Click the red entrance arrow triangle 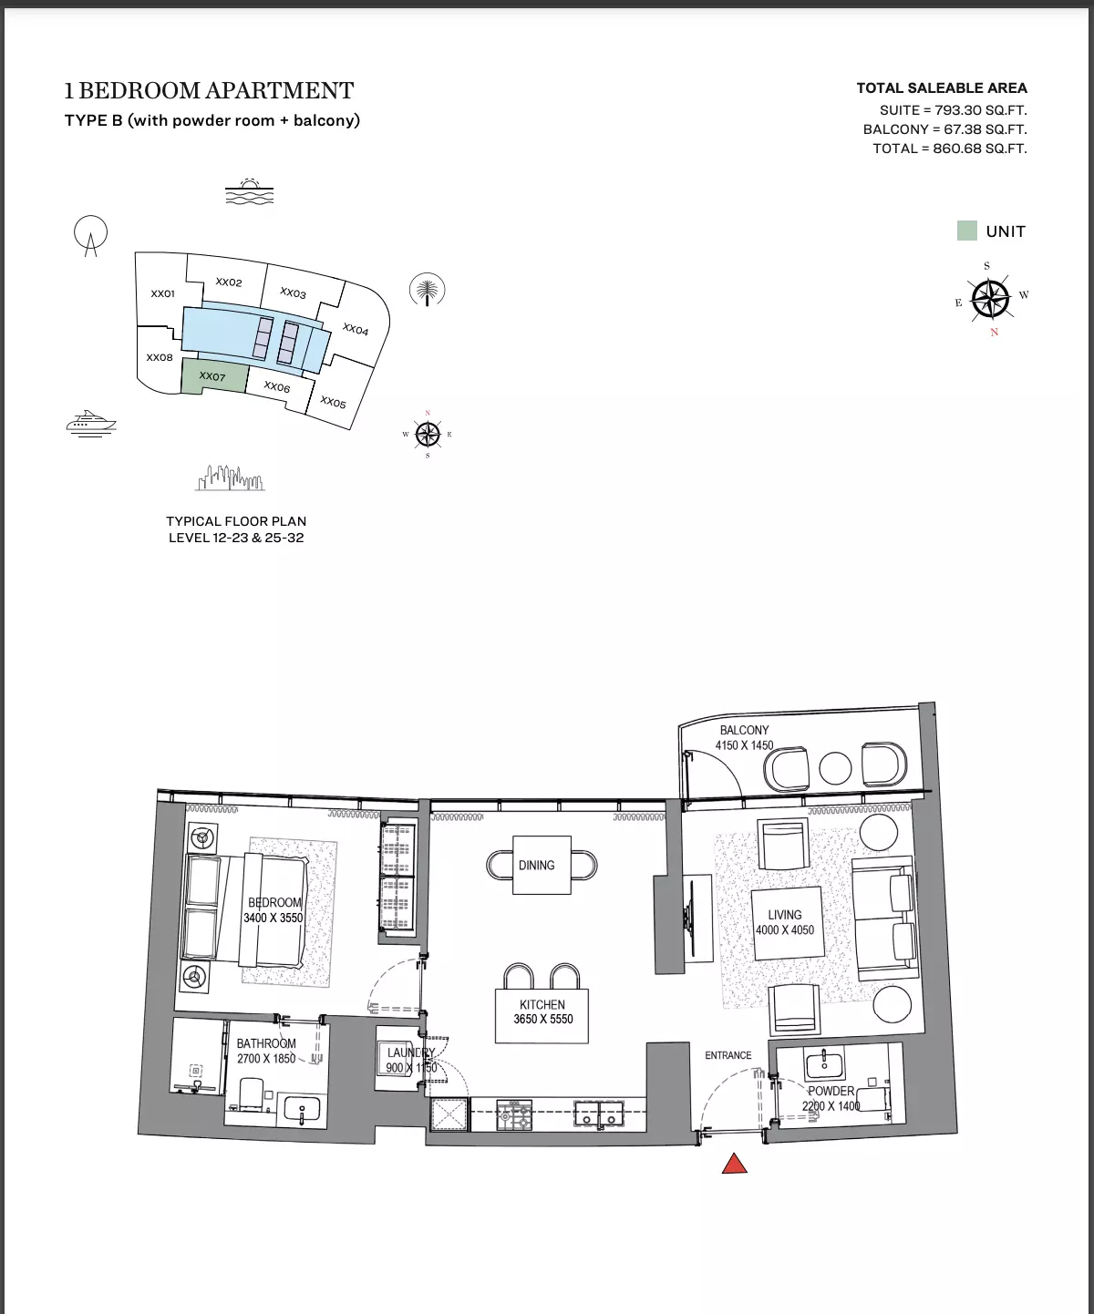click(x=735, y=1164)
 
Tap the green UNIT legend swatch click(x=966, y=231)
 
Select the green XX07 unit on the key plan click(x=213, y=376)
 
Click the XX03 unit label click(x=293, y=293)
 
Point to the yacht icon click(x=91, y=423)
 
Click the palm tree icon click(x=427, y=290)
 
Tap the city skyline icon click(x=230, y=478)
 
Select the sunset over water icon click(x=250, y=191)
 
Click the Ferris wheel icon click(x=90, y=235)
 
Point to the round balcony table click(x=835, y=768)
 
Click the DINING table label click(x=537, y=866)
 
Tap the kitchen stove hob click(x=514, y=1115)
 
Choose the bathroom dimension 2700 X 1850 click(x=266, y=1059)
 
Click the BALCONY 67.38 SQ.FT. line click(x=944, y=129)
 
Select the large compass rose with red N click(x=990, y=299)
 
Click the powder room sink click(x=824, y=1064)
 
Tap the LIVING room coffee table click(x=785, y=923)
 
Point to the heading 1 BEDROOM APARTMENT click(x=209, y=90)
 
